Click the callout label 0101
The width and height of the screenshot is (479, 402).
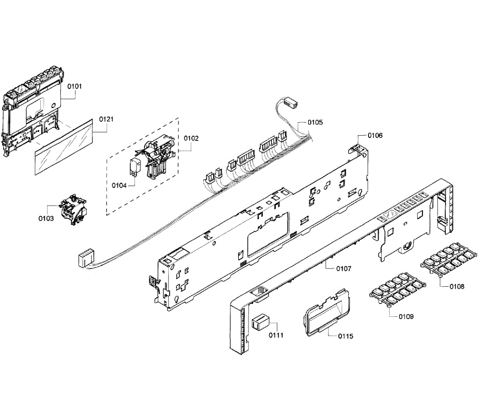[x=74, y=86]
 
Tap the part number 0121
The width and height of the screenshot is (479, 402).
[x=106, y=119]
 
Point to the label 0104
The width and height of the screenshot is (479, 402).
[x=119, y=185]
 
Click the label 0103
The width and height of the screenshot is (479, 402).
[x=46, y=218]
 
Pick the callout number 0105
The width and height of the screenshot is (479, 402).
[x=315, y=122]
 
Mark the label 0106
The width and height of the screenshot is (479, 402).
[x=375, y=135]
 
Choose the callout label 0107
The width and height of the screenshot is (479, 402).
[x=344, y=269]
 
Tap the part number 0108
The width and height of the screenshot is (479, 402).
[x=457, y=286]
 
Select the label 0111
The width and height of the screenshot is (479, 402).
[x=275, y=335]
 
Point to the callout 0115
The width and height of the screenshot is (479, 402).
[x=346, y=336]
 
